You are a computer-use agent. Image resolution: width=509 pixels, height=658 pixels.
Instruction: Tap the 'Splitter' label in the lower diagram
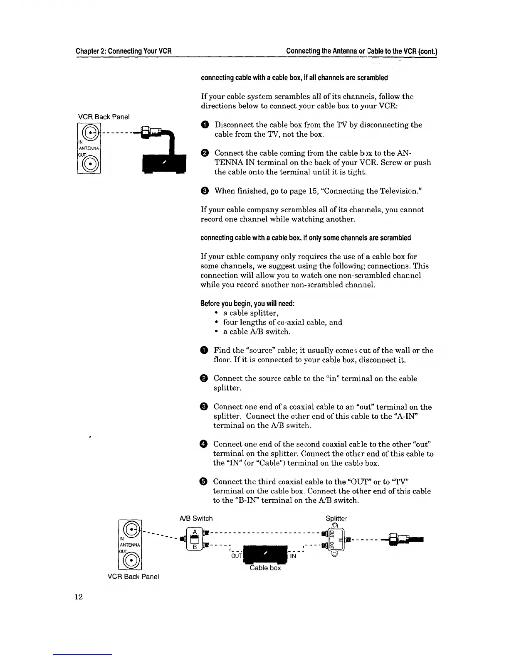click(336, 518)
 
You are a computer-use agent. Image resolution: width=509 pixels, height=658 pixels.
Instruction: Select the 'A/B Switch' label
click(196, 518)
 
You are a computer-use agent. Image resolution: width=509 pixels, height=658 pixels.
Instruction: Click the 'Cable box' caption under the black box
click(265, 568)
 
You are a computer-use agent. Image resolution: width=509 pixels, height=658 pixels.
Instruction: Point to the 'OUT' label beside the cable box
click(236, 556)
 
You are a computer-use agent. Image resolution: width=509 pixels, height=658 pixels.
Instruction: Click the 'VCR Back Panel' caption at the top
click(104, 117)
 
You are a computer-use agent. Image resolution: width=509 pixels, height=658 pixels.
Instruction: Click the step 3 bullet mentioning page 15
click(205, 191)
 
